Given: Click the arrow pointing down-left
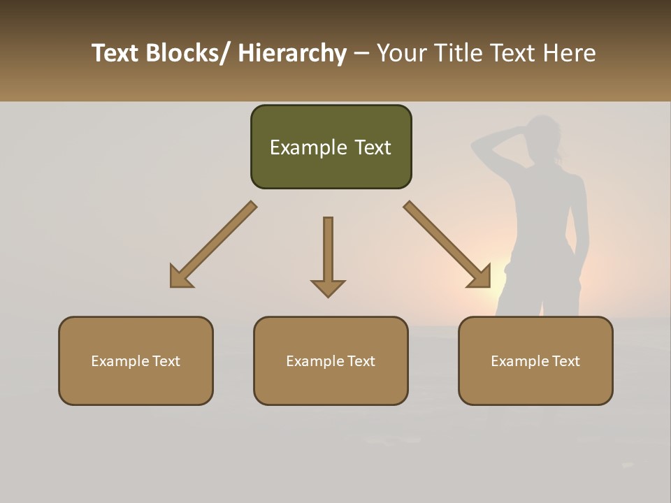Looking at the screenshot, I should pos(213,245).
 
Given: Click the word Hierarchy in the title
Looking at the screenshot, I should pos(291,53).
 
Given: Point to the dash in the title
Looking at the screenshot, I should pos(361,53).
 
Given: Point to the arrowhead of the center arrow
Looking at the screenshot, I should pos(328,288).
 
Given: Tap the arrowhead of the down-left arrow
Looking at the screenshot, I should pos(179,279).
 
